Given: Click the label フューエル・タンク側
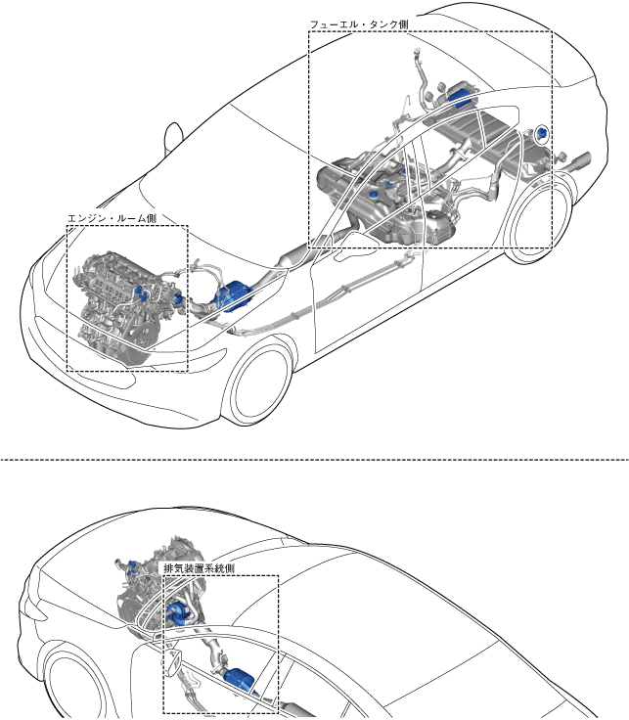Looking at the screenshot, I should pos(358,23).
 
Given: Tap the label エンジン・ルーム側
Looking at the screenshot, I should pos(112,218).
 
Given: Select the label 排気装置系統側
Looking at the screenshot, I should pos(199,567).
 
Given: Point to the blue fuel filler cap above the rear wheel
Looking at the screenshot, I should pos(543,132).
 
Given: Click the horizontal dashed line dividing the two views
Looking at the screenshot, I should pos(314,457).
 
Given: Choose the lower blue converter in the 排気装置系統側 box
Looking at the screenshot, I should pos(239,678).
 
